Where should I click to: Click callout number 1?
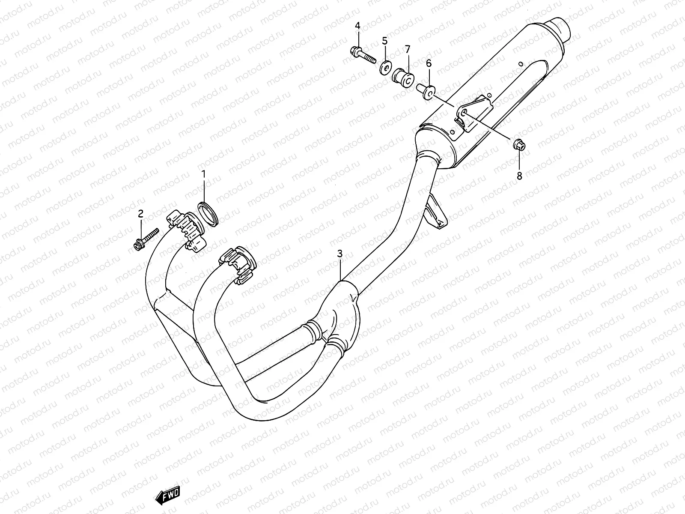[x=203, y=174]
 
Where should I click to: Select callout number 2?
[x=140, y=213]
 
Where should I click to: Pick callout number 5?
[x=384, y=41]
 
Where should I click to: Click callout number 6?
[x=429, y=64]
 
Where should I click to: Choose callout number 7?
[x=407, y=48]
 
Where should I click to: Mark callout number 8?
[x=519, y=176]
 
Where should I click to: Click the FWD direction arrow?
[x=167, y=496]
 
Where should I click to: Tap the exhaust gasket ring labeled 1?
[x=208, y=214]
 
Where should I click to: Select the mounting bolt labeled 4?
[x=363, y=54]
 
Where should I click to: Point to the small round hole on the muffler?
[x=520, y=64]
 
